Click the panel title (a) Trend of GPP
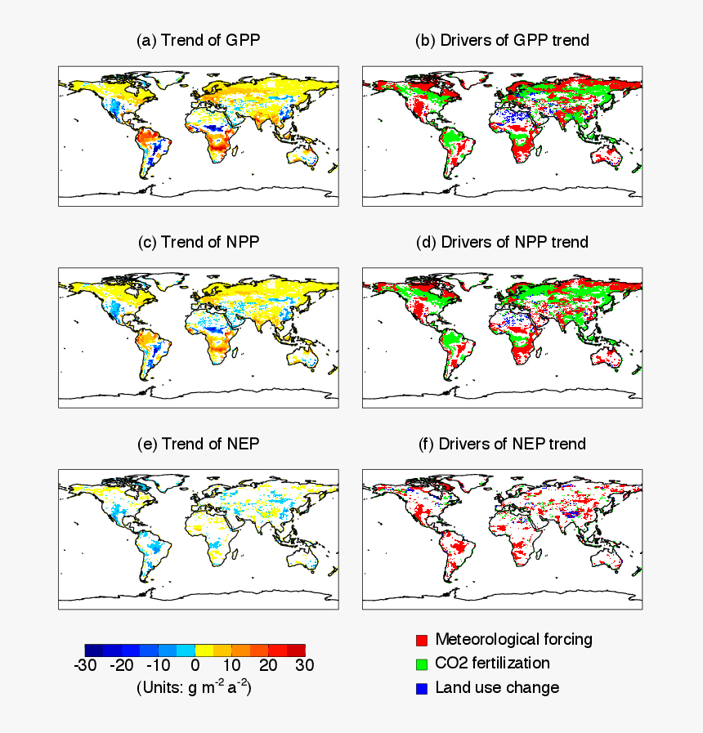(x=199, y=40)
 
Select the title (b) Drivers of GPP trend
(x=502, y=40)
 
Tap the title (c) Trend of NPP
(x=199, y=242)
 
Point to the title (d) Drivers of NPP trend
(x=502, y=242)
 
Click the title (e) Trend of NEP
(x=199, y=444)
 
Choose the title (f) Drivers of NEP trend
(x=502, y=444)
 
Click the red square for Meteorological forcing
(x=422, y=640)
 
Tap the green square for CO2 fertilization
(x=422, y=664)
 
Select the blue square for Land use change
(x=422, y=688)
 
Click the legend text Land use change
(x=497, y=687)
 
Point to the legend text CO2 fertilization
(x=492, y=663)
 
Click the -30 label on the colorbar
(x=85, y=665)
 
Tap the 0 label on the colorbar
(x=195, y=665)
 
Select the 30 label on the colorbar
(x=304, y=665)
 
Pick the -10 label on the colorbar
(x=158, y=665)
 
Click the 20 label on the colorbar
(x=268, y=665)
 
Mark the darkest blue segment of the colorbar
(x=94, y=650)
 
